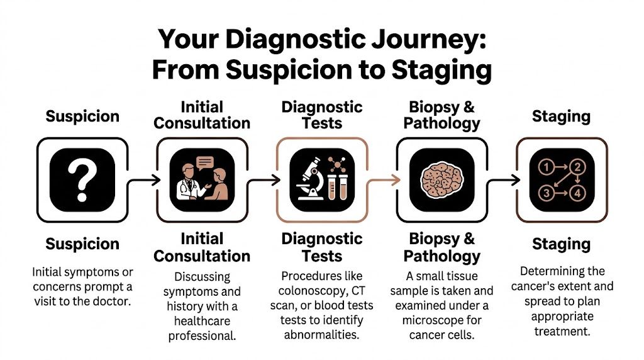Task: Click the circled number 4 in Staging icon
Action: (577, 193)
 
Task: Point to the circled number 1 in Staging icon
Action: (547, 167)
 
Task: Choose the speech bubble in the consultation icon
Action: (206, 162)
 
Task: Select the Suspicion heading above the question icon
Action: (82, 116)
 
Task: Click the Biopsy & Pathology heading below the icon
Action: (441, 247)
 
